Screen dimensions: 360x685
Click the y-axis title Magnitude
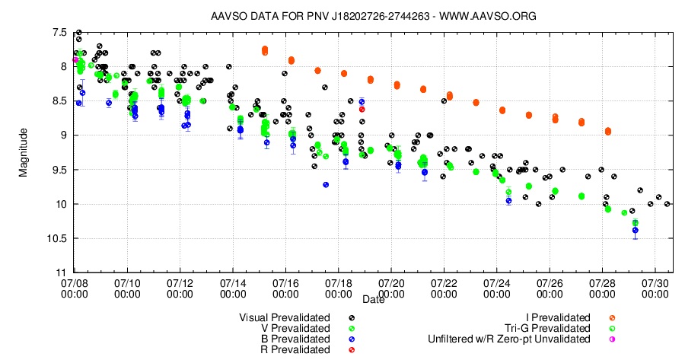point(24,152)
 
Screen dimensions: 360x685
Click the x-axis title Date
point(373,300)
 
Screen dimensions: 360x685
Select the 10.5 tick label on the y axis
point(55,238)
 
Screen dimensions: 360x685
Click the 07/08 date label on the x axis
point(75,288)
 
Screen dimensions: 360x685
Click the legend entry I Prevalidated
point(558,317)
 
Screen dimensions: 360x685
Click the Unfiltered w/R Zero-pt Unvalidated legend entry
point(509,339)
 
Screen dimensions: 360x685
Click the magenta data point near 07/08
point(75,59)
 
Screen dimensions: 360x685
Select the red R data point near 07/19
point(362,110)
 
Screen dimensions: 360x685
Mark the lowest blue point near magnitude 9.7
point(326,184)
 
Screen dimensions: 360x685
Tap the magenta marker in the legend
point(611,339)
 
